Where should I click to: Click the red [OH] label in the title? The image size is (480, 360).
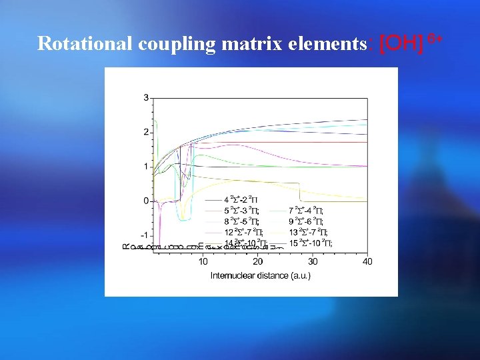pyautogui.click(x=401, y=44)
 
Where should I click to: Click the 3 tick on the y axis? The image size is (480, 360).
pyautogui.click(x=146, y=98)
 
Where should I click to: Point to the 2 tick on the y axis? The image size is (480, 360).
pyautogui.click(x=146, y=132)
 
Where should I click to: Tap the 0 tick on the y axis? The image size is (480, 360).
pyautogui.click(x=146, y=201)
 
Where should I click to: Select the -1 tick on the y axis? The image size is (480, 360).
pyautogui.click(x=144, y=235)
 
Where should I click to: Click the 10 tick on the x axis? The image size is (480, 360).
pyautogui.click(x=203, y=261)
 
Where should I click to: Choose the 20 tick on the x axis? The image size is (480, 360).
pyautogui.click(x=258, y=261)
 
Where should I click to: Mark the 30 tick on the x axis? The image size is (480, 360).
pyautogui.click(x=313, y=261)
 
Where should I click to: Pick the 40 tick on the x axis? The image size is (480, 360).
pyautogui.click(x=367, y=261)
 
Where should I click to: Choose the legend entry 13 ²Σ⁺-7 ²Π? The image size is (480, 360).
pyautogui.click(x=308, y=231)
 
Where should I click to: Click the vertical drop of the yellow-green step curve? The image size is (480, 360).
pyautogui.click(x=300, y=191)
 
